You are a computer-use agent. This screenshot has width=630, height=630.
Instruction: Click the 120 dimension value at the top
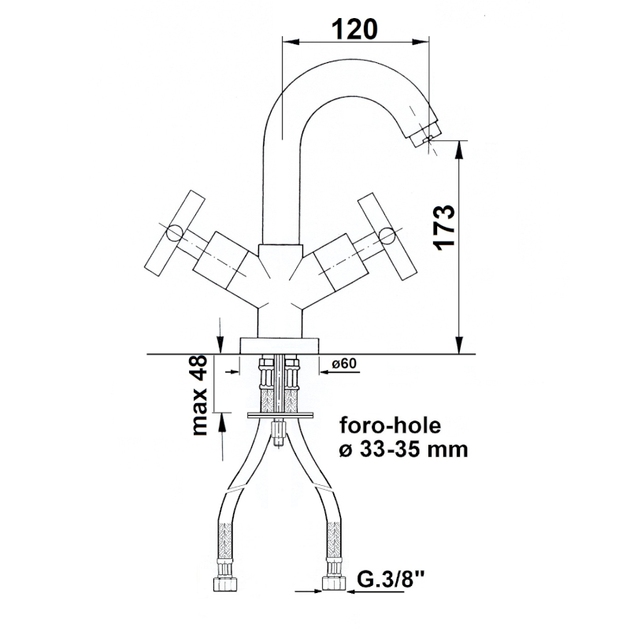(354, 29)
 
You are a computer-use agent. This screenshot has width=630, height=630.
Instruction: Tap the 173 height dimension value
(445, 228)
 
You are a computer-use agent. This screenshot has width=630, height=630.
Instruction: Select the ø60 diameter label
(344, 363)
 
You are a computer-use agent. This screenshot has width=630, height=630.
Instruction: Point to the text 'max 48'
(199, 395)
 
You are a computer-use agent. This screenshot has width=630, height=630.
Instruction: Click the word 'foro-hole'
(391, 425)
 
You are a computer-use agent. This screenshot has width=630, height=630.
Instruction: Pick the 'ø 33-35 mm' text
(404, 449)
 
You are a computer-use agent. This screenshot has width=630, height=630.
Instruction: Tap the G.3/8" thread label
(385, 580)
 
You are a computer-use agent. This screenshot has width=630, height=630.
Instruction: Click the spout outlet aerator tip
(425, 135)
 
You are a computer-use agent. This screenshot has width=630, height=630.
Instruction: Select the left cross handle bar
(174, 233)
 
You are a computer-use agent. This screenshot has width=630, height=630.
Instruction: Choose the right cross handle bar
(388, 236)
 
